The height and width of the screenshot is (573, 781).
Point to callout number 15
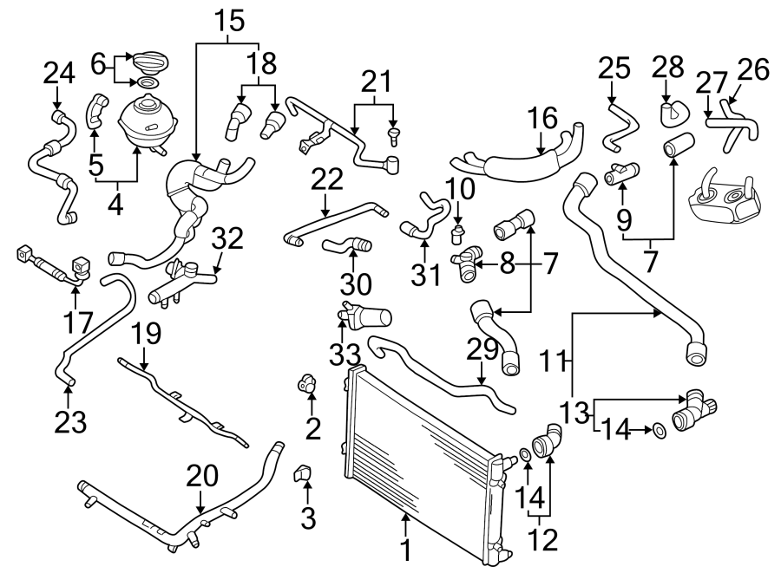228,19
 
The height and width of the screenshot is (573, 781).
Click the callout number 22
326,179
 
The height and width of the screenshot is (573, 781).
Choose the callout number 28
667,67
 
